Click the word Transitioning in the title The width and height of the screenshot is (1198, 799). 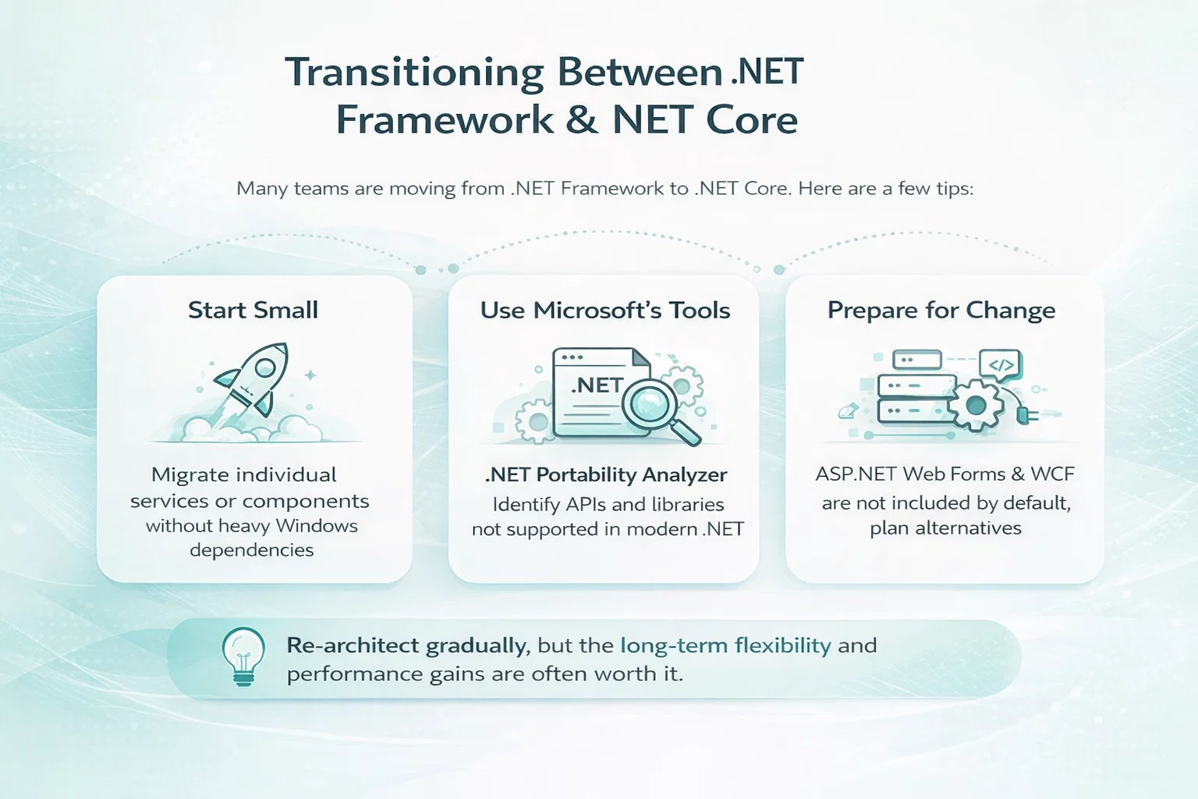click(414, 73)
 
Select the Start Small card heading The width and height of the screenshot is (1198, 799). click(253, 311)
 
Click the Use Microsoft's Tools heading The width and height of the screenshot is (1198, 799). click(605, 311)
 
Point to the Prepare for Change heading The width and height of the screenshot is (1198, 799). click(941, 311)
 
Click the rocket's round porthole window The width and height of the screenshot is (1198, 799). click(264, 368)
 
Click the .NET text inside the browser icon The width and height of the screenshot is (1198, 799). click(597, 385)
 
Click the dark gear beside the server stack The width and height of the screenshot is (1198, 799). click(976, 405)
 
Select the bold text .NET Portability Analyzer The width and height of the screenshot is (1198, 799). click(606, 474)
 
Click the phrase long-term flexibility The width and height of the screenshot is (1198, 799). click(726, 645)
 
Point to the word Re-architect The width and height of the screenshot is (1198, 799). click(353, 645)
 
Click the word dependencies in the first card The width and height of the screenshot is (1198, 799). click(252, 550)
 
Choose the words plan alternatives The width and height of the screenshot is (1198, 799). click(945, 529)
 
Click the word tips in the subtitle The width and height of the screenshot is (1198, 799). click(955, 189)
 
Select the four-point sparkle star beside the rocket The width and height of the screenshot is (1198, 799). click(310, 375)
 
